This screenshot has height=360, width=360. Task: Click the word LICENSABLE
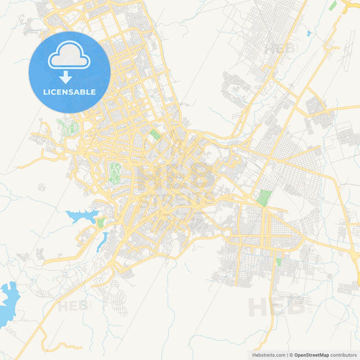[x=70, y=92]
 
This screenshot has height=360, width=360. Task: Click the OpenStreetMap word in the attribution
[x=311, y=354]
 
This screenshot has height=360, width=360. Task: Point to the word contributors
[x=344, y=354]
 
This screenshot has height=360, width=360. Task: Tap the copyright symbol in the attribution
[x=290, y=354]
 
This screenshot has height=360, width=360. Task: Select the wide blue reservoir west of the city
[x=80, y=217]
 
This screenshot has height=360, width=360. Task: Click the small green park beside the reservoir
[x=100, y=222]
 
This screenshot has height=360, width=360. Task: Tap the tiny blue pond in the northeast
[x=308, y=33]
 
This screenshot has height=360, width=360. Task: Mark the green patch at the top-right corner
[x=332, y=5]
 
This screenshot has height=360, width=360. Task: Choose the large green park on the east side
[x=263, y=198]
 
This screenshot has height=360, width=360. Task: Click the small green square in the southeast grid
[x=278, y=261]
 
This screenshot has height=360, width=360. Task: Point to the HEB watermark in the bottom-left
[x=73, y=306]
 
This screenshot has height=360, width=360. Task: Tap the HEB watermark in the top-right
[x=280, y=49]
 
